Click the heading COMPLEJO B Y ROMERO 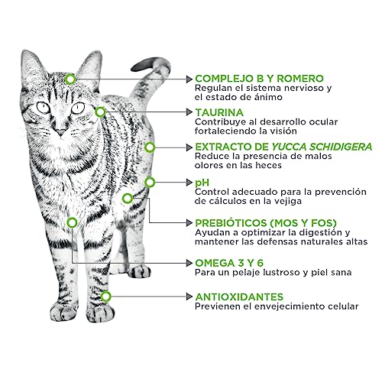click(x=259, y=79)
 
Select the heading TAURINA click(x=220, y=112)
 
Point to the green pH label click(x=202, y=182)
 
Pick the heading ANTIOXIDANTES click(x=239, y=296)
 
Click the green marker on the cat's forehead click(x=70, y=79)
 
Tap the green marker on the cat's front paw click(x=105, y=296)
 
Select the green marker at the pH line click(x=150, y=182)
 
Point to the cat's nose click(x=60, y=131)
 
